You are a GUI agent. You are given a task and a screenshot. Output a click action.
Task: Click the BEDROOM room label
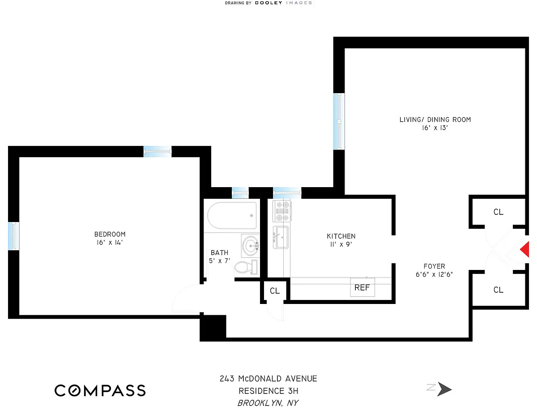pos(110,234)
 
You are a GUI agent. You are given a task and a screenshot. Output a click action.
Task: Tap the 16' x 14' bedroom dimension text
pos(110,243)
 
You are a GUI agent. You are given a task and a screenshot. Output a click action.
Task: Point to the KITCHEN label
pos(341,236)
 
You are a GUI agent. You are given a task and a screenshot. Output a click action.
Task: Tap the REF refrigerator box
pos(362,287)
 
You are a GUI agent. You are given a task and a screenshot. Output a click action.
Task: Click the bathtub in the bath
pos(232,216)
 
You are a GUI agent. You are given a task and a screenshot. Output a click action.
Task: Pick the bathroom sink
pos(250,245)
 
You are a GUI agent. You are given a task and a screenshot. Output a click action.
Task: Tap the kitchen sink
pos(281,237)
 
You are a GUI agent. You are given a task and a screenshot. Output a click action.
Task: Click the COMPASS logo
pos(100,390)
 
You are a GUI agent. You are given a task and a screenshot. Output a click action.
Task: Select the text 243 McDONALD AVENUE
pos(268,379)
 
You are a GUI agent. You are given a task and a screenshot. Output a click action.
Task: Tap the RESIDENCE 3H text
pos(268,391)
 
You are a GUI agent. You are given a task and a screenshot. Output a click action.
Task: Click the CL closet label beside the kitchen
pos(274,291)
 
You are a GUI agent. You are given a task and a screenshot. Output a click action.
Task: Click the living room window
pos(340,121)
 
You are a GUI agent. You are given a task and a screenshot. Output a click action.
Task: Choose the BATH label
pos(219,253)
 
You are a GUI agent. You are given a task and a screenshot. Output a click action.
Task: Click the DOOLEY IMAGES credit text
pos(283,3)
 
